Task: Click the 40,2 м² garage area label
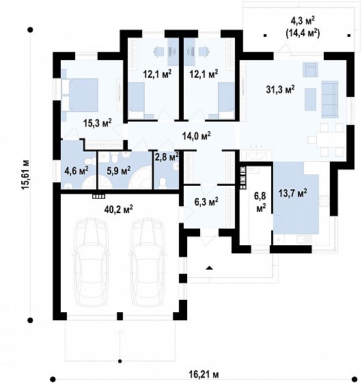(x=118, y=209)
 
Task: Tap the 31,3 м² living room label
(x=281, y=89)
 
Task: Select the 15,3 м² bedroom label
(x=97, y=123)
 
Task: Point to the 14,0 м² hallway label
(x=197, y=136)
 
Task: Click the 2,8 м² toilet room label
(x=167, y=157)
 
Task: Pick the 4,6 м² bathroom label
(x=76, y=171)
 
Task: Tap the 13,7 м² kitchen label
(x=292, y=193)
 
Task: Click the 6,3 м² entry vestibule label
(x=206, y=201)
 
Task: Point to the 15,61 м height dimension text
(x=26, y=175)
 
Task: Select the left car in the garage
(x=91, y=263)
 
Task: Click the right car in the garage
(x=148, y=263)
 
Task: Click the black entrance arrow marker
(x=210, y=268)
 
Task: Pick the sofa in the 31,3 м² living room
(x=330, y=99)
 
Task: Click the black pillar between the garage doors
(x=120, y=316)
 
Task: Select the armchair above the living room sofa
(x=310, y=70)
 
